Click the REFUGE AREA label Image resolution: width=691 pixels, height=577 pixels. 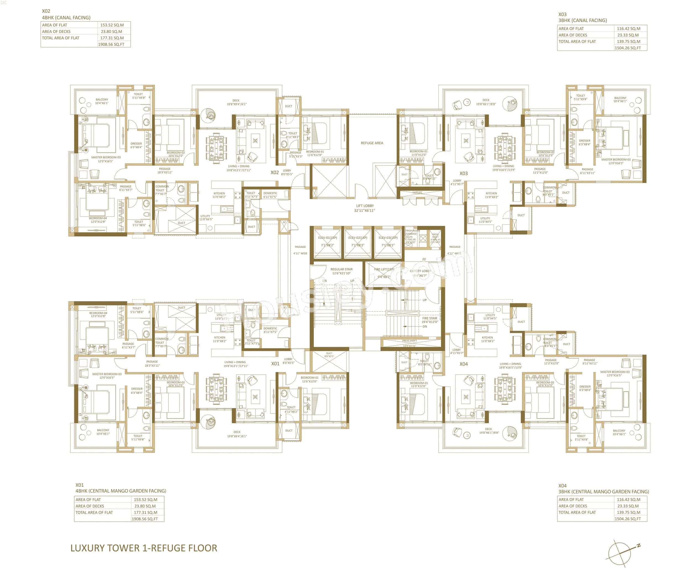(x=372, y=143)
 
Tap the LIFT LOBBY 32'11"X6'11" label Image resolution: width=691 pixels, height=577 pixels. (x=365, y=208)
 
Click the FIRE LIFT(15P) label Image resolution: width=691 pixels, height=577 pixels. (x=384, y=269)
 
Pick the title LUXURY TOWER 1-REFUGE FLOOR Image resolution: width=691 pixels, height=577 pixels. (x=144, y=548)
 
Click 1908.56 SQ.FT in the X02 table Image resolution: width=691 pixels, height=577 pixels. (x=111, y=45)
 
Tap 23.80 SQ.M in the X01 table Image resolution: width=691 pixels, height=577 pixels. (x=145, y=506)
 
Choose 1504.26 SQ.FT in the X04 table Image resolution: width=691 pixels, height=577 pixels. (x=628, y=519)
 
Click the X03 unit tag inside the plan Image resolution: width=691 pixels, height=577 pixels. (x=463, y=173)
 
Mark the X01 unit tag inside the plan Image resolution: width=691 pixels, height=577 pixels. (x=275, y=363)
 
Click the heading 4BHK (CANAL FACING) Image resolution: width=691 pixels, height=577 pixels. (x=66, y=17)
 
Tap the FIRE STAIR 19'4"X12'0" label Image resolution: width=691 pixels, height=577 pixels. (x=430, y=320)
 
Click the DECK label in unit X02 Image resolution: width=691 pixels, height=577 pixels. (x=236, y=100)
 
